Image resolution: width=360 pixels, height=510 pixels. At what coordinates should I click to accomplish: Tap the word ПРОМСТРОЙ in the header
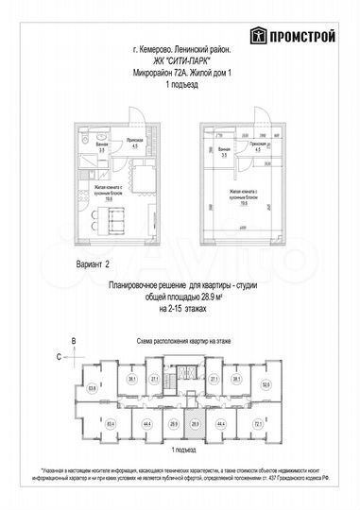point(300,37)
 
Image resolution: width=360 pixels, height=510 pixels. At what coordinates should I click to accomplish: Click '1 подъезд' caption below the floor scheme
point(179,452)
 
